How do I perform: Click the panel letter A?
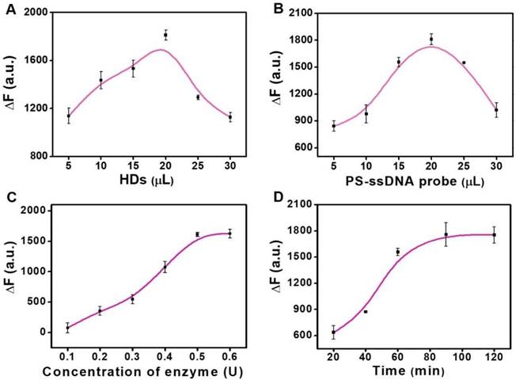tap(9, 10)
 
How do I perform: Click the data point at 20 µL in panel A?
tap(165, 35)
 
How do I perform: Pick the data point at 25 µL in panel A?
tap(198, 97)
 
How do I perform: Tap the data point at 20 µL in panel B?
tap(431, 39)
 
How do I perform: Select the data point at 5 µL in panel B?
tap(333, 126)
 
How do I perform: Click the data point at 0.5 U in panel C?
tap(197, 234)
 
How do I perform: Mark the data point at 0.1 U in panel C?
tap(68, 328)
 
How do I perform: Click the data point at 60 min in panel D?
tap(398, 252)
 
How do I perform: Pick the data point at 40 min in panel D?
tap(366, 312)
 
